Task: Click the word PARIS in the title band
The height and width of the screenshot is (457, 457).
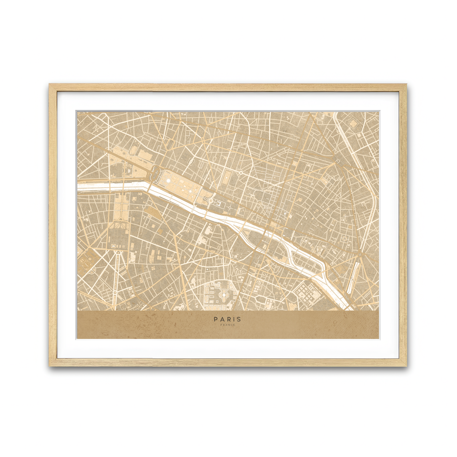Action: click(227, 319)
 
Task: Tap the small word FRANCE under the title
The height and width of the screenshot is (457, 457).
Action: click(227, 325)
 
